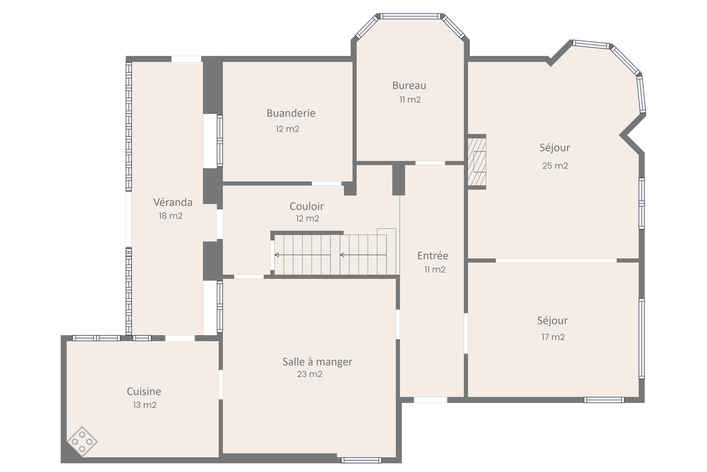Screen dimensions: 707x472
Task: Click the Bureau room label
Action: click(x=409, y=85)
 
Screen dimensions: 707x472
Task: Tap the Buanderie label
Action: click(x=291, y=113)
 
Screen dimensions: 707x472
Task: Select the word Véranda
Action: click(x=173, y=202)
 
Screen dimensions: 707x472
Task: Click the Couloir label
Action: click(x=307, y=206)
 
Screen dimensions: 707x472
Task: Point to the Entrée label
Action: click(x=433, y=256)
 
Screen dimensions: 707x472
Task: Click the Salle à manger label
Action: click(x=317, y=362)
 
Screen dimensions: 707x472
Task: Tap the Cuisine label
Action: click(x=144, y=391)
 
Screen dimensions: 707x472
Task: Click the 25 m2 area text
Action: click(x=555, y=166)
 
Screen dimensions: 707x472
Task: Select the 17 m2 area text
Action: click(x=553, y=337)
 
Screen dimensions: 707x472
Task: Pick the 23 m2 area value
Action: click(x=309, y=374)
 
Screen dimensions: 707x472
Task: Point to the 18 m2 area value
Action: click(x=171, y=216)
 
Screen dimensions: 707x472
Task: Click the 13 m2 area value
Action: click(x=145, y=405)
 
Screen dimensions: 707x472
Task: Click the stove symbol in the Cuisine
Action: click(x=82, y=442)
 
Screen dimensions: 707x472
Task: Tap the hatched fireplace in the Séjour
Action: click(x=477, y=162)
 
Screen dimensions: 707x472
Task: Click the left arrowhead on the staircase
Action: click(x=277, y=255)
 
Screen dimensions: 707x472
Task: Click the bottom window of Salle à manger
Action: click(x=361, y=460)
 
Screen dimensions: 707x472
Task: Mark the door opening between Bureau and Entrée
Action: click(x=430, y=163)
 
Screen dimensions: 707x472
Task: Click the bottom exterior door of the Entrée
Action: click(x=430, y=400)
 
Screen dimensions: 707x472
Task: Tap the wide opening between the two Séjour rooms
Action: click(x=556, y=260)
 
